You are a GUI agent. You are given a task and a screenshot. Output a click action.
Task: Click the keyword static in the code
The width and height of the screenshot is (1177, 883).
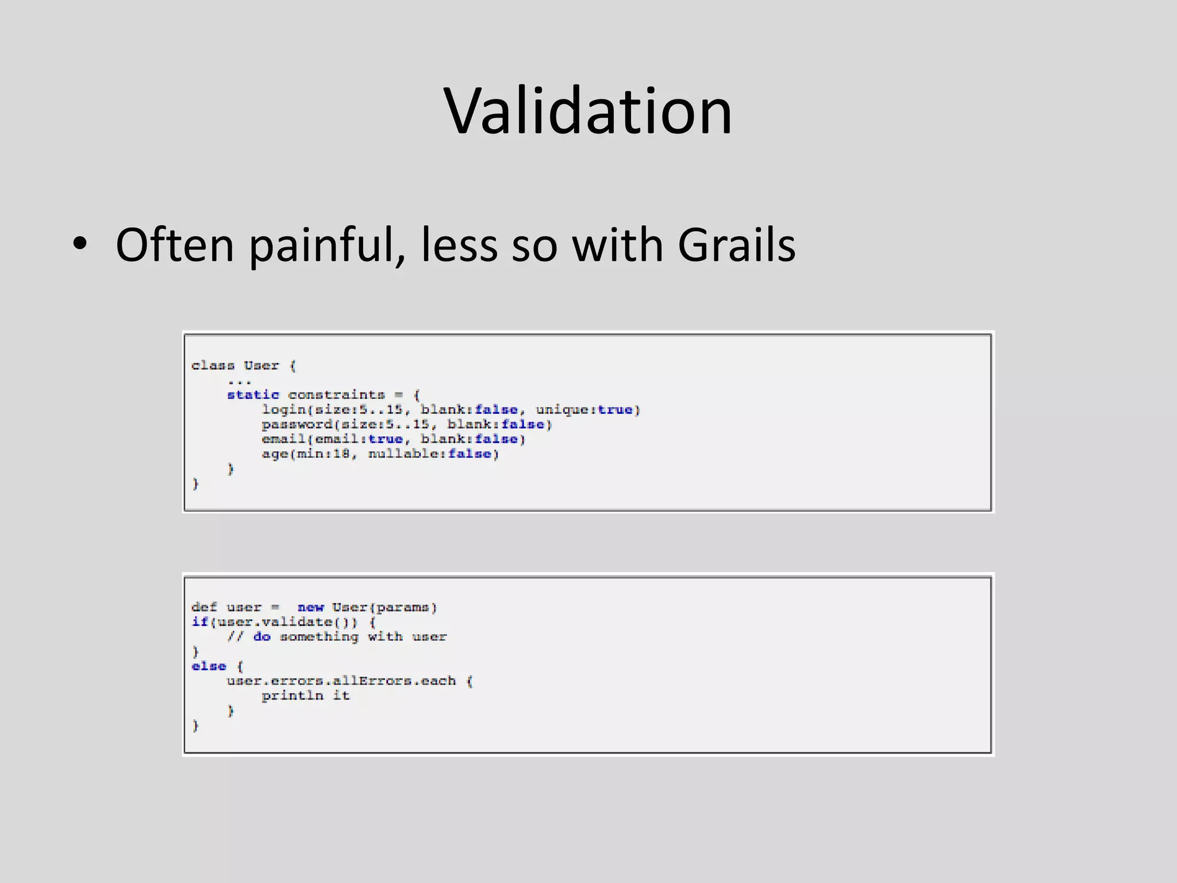253,395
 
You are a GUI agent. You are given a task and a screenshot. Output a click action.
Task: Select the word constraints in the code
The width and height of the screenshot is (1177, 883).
336,395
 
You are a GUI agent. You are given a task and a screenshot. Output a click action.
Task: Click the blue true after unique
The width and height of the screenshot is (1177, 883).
615,410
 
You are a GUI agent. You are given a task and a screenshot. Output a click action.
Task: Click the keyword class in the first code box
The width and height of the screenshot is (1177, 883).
213,366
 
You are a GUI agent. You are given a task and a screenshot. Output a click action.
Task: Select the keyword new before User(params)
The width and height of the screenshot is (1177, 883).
310,608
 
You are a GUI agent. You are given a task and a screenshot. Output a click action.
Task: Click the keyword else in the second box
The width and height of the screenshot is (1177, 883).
209,666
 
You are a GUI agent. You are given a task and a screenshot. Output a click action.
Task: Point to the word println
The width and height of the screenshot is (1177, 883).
293,696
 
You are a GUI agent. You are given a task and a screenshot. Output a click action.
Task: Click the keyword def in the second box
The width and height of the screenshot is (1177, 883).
204,608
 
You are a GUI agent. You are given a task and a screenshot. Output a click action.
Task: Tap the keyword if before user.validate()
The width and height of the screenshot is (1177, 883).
199,622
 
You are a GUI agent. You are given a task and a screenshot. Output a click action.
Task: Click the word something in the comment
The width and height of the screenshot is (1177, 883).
319,637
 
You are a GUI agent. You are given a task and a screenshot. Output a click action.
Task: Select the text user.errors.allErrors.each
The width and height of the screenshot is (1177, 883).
341,681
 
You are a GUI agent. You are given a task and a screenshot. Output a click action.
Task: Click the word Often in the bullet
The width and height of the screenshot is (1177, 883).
175,245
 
